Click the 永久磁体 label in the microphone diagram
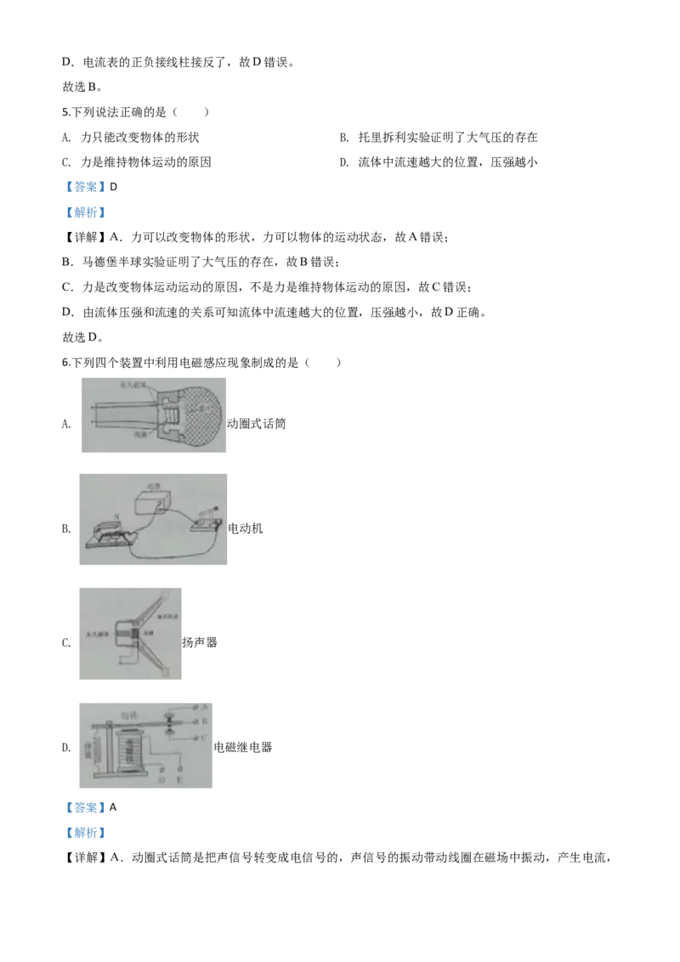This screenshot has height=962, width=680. (x=135, y=386)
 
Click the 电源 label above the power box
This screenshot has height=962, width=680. (x=156, y=483)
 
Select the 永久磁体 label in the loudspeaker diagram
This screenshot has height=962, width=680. (x=97, y=634)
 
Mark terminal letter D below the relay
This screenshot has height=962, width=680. (x=161, y=778)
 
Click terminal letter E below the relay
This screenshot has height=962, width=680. (x=180, y=778)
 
